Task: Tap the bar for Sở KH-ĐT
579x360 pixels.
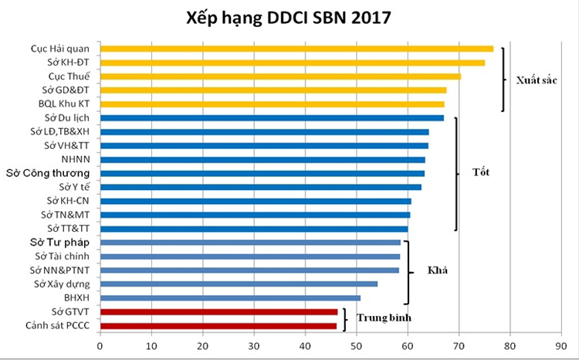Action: coord(293,63)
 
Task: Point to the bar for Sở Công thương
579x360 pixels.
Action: coord(262,173)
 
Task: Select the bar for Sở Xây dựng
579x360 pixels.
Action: coord(239,284)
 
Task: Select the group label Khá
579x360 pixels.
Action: coord(438,271)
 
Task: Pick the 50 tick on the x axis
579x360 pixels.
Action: coord(357,345)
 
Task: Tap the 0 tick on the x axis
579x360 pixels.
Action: coord(100,345)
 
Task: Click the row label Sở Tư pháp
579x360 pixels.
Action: coord(63,243)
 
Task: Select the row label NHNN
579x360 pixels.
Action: coord(77,160)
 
